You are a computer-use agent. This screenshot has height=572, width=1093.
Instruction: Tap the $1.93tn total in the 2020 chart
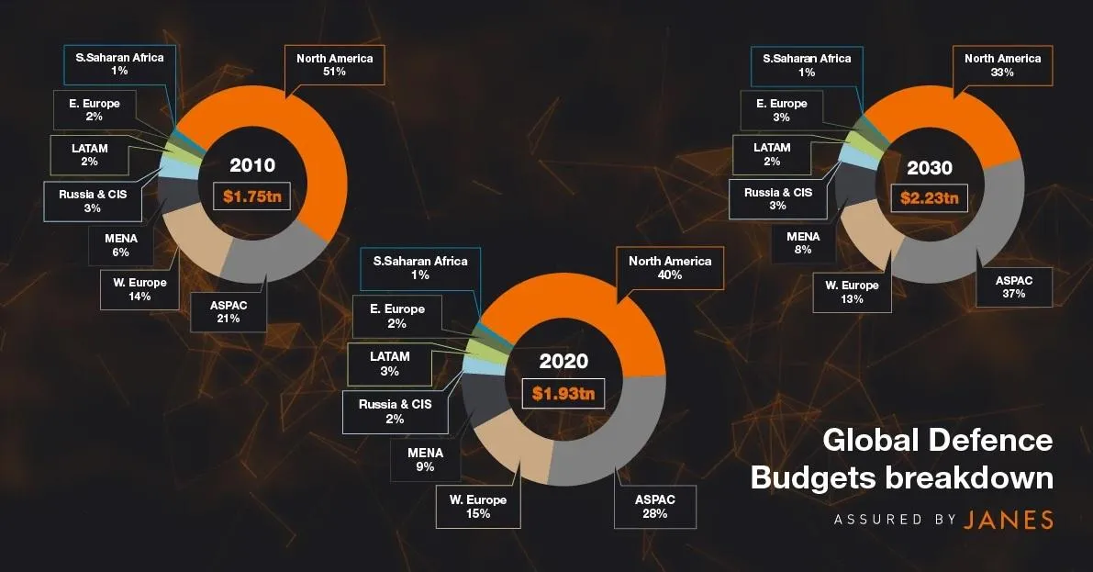tap(563, 394)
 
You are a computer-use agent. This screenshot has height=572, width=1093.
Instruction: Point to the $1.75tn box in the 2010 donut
tap(251, 196)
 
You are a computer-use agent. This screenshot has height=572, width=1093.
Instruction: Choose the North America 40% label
tap(669, 268)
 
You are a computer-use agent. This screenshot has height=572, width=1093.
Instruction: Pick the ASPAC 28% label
tap(654, 506)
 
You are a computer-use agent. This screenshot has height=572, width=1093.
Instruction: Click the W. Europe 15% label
tap(478, 507)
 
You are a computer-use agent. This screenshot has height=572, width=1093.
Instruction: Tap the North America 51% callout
tap(334, 65)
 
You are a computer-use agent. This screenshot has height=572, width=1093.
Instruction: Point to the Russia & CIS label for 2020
tap(396, 410)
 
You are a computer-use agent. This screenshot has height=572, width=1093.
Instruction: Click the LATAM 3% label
tap(389, 364)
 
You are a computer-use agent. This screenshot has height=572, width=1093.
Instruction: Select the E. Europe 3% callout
tap(782, 110)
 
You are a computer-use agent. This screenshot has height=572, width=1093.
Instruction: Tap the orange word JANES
tap(1009, 520)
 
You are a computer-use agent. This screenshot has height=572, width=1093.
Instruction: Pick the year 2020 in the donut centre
tap(563, 362)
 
